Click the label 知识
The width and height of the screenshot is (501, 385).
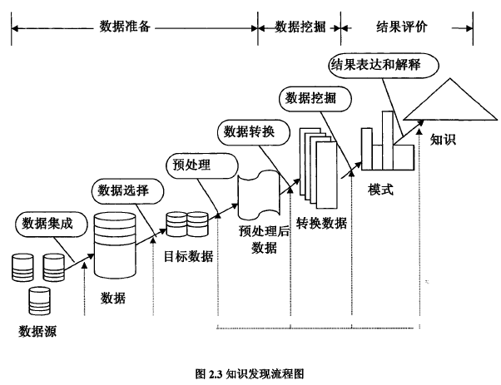pyautogui.click(x=443, y=140)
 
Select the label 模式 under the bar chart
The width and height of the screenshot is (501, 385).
pyautogui.click(x=380, y=190)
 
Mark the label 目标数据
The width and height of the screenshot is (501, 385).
pyautogui.click(x=188, y=256)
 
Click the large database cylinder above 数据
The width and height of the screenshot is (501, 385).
pyautogui.click(x=113, y=244)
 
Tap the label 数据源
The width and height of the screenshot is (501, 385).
pyautogui.click(x=39, y=334)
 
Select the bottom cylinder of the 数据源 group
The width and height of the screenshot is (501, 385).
pyautogui.click(x=38, y=300)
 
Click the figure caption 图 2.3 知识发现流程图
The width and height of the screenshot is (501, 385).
pyautogui.click(x=250, y=373)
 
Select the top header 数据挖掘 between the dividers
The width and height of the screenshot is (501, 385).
pyautogui.click(x=300, y=27)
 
